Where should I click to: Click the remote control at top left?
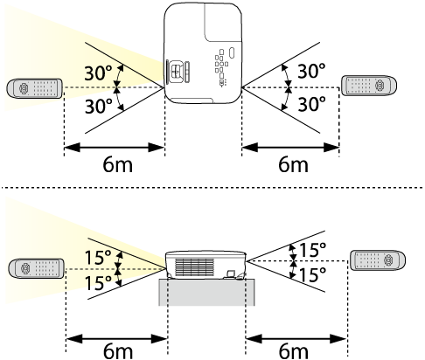[34, 88]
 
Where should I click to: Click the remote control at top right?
[369, 86]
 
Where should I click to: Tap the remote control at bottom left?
[36, 268]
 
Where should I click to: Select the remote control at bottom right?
[377, 260]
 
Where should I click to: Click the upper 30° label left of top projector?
[98, 73]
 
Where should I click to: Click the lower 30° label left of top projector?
[98, 106]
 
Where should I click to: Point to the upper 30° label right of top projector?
[311, 71]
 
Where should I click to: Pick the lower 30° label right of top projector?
[311, 104]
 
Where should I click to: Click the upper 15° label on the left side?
[98, 258]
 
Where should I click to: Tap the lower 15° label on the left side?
[98, 283]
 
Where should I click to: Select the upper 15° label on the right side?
[312, 250]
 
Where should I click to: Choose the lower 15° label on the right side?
[312, 274]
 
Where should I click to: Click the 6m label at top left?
[118, 165]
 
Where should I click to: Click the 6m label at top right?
[293, 165]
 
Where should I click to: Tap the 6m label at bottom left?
[118, 351]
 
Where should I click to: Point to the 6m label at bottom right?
[293, 351]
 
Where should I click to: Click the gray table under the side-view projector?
[206, 292]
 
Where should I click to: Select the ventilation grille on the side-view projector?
[194, 267]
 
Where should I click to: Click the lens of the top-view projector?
[175, 72]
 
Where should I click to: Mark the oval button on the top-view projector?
[232, 52]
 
